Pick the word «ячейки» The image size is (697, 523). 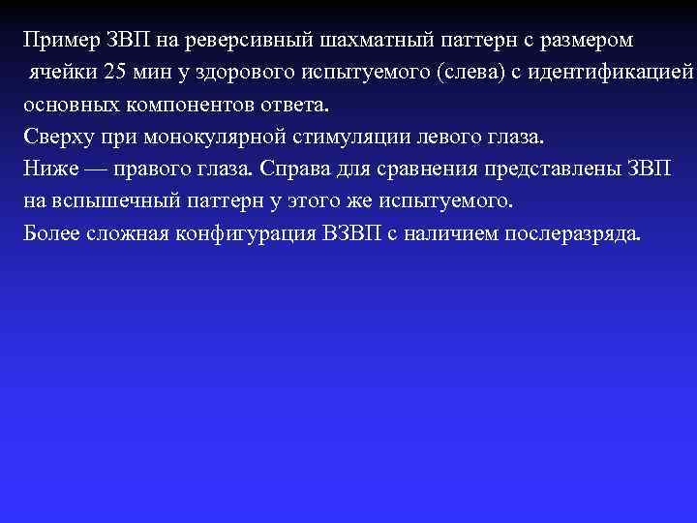(x=59, y=72)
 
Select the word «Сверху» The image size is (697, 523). (x=56, y=136)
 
